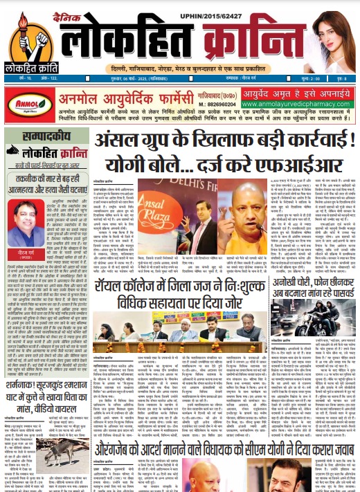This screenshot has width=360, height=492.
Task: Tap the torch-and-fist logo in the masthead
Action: coord(26,34)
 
